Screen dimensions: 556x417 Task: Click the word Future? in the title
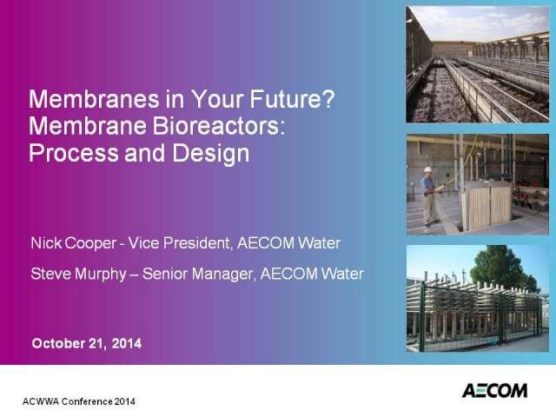[292, 99]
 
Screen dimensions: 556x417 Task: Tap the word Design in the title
[210, 154]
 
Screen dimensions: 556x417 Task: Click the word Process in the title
[73, 153]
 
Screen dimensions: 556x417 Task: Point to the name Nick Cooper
[73, 243]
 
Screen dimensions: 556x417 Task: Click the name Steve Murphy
[78, 274]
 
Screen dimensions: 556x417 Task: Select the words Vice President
[179, 243]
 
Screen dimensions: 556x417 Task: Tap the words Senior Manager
[199, 274]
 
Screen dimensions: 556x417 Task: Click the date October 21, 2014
[87, 343]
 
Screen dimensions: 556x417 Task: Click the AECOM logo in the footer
[494, 390]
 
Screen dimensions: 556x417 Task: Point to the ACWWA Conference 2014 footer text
[79, 401]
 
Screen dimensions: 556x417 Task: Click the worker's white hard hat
[428, 169]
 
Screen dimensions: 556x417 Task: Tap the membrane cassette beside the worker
[486, 205]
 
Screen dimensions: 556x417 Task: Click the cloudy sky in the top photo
[480, 22]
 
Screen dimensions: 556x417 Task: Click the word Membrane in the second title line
[88, 126]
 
